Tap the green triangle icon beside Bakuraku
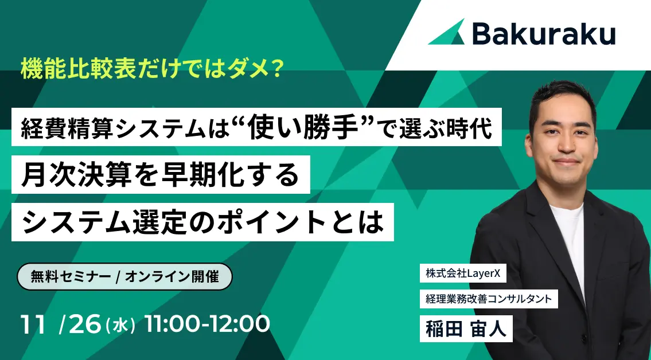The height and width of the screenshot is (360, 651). click(x=447, y=33)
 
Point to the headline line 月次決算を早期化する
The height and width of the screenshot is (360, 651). click(x=160, y=174)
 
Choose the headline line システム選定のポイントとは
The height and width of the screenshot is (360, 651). click(x=202, y=221)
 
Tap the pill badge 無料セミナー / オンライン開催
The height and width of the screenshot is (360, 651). click(x=124, y=277)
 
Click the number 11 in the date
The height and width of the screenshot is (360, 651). click(x=33, y=325)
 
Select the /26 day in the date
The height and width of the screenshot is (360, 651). click(x=80, y=325)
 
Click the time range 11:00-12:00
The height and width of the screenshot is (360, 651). click(x=207, y=325)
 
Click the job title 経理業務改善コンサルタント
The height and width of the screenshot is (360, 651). click(x=489, y=298)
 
